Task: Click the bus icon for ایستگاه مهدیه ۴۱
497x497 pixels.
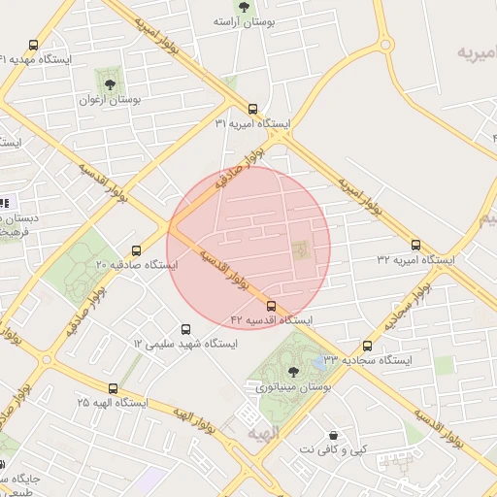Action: coord(34,45)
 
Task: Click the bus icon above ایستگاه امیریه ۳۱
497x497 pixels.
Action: coord(252,109)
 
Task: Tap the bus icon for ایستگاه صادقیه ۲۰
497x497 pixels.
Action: coord(136,249)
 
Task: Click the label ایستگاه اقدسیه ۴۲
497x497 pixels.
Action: coord(271,319)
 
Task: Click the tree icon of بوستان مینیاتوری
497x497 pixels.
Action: coord(293,371)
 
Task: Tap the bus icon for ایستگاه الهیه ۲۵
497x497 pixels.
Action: coord(114,388)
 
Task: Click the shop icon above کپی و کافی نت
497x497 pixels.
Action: coord(335,435)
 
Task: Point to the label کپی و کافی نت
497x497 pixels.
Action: coord(335,449)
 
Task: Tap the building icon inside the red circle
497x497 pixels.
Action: coord(300,250)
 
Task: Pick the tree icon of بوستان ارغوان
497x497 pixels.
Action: coord(109,84)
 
